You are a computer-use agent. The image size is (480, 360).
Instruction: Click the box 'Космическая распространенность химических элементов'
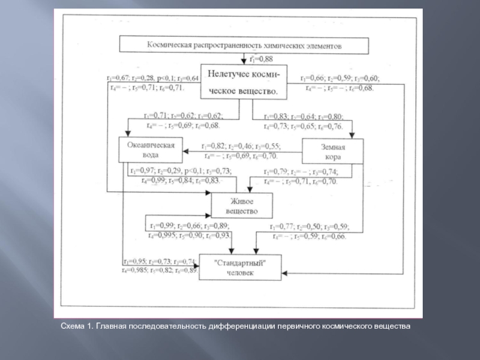coord(244,44)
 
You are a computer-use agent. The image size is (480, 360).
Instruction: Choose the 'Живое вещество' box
coord(241,205)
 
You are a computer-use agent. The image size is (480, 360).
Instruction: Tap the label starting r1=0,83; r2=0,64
coord(303,121)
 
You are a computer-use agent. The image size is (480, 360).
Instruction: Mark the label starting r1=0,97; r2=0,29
coord(180,176)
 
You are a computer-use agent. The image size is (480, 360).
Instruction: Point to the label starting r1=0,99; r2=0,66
coord(191,230)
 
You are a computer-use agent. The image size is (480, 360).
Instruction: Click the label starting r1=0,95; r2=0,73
coord(159,266)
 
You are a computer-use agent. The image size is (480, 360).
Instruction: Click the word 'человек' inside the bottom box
coord(241,273)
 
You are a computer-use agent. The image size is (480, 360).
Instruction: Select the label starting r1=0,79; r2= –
coord(301,176)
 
